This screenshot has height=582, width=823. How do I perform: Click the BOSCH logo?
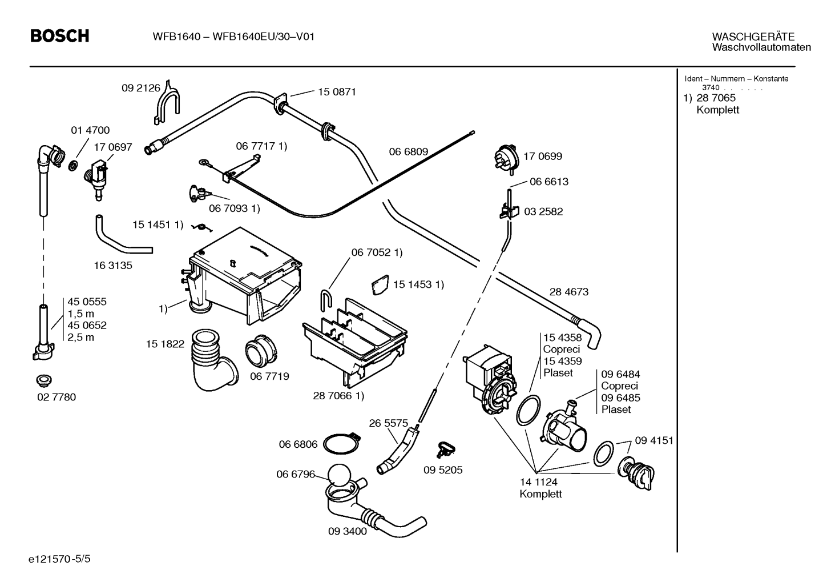click(60, 36)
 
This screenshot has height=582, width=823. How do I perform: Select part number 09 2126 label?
click(141, 88)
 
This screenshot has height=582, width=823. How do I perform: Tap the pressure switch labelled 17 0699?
click(507, 158)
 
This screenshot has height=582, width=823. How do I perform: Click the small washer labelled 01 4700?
click(73, 166)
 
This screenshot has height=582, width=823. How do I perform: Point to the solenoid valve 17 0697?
click(96, 177)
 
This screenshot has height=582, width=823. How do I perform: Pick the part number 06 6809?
click(409, 151)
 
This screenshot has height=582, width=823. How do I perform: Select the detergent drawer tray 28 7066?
click(355, 342)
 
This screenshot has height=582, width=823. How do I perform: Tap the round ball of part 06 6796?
click(339, 475)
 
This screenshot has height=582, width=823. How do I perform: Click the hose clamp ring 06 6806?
click(341, 443)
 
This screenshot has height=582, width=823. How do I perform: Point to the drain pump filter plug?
click(636, 473)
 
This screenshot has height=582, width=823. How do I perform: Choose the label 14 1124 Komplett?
click(540, 488)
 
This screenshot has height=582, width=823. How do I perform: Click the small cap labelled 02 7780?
click(44, 381)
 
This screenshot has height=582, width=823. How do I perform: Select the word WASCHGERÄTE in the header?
click(753, 37)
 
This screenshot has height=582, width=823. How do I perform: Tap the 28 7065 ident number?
click(716, 98)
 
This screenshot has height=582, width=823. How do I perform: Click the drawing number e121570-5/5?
click(59, 559)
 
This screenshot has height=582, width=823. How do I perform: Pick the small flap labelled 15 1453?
click(380, 284)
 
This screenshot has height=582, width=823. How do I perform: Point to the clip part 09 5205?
click(446, 449)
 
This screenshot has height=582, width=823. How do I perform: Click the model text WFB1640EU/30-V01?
click(264, 37)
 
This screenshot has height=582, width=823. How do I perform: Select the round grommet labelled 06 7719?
click(261, 350)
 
